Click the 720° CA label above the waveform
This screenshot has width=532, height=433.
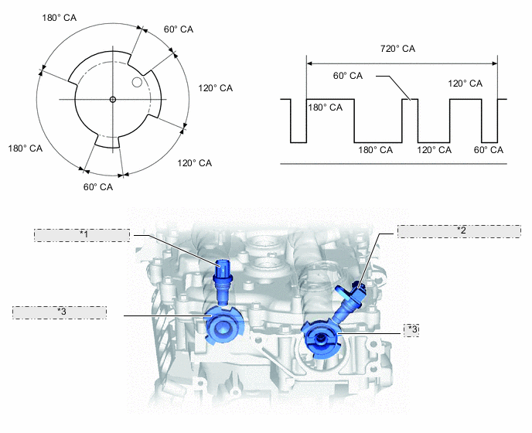tap(397, 49)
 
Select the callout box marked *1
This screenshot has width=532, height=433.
tap(82, 235)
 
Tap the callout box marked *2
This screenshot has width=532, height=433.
tap(459, 231)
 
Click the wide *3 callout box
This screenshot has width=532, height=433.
tap(60, 312)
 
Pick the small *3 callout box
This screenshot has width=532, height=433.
tap(411, 330)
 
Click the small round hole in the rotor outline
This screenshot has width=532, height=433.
tap(137, 82)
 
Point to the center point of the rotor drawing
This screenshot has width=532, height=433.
tap(113, 100)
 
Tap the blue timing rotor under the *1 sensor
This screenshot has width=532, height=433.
tap(224, 325)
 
